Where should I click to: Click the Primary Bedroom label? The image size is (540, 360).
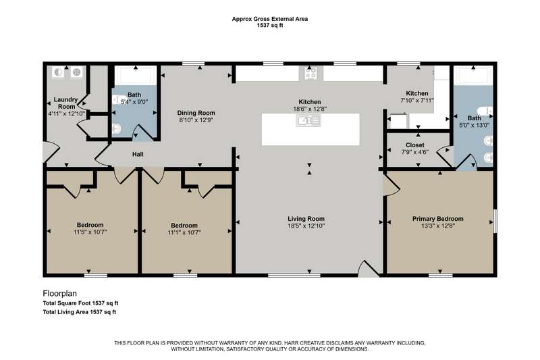(437, 219)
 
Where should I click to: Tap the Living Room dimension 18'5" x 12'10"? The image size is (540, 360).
(306, 226)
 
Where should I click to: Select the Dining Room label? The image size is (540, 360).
(196, 113)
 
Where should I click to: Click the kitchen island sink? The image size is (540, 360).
(308, 121)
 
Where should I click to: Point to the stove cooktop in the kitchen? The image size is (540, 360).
(311, 73)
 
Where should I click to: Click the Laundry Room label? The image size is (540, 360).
(66, 103)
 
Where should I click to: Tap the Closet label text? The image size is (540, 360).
(414, 145)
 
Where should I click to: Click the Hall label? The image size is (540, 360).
(138, 155)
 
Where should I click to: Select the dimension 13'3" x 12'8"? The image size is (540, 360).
(437, 226)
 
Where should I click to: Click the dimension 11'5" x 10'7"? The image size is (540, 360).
(90, 232)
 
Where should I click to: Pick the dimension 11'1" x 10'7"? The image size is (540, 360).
(184, 233)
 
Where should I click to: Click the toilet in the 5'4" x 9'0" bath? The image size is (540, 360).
(117, 129)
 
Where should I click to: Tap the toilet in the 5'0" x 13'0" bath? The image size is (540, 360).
(486, 111)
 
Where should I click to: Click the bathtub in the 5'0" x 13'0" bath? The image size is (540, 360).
(474, 76)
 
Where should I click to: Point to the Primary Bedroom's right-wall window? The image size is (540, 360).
(495, 221)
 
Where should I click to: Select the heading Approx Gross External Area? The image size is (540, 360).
(269, 19)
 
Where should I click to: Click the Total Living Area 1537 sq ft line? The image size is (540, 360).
(80, 312)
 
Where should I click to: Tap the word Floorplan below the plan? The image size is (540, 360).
(59, 294)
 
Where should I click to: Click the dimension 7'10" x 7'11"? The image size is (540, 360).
(416, 101)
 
